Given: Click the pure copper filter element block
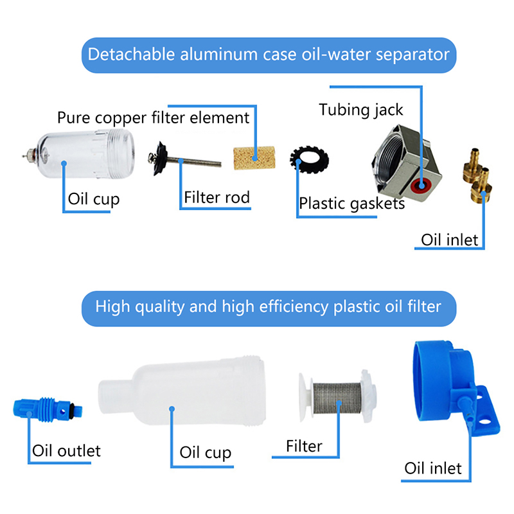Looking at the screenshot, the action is pyautogui.click(x=254, y=158).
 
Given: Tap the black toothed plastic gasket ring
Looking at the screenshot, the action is pyautogui.click(x=310, y=159).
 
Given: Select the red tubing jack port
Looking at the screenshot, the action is pyautogui.click(x=422, y=186).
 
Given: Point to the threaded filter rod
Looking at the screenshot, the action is pyautogui.click(x=193, y=162).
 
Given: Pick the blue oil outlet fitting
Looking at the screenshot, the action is pyautogui.click(x=48, y=409).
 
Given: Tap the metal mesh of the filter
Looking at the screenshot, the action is pyautogui.click(x=337, y=398).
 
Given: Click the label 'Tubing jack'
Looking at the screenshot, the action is pyautogui.click(x=361, y=110).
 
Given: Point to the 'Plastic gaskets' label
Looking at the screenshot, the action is pyautogui.click(x=351, y=204).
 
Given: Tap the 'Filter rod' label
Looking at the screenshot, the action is pyautogui.click(x=217, y=197).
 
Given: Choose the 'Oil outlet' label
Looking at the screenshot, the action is pyautogui.click(x=66, y=451).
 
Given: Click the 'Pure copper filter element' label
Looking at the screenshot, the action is pyautogui.click(x=153, y=118).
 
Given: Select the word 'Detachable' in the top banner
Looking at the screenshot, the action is pyautogui.click(x=131, y=55).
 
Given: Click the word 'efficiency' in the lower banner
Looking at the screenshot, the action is pyautogui.click(x=294, y=307).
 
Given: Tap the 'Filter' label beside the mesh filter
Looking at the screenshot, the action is pyautogui.click(x=304, y=446).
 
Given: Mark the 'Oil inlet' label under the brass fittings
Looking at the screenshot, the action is pyautogui.click(x=449, y=240).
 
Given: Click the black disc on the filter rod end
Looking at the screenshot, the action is pyautogui.click(x=159, y=159).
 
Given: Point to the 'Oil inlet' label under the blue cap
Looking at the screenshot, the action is pyautogui.click(x=432, y=468).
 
